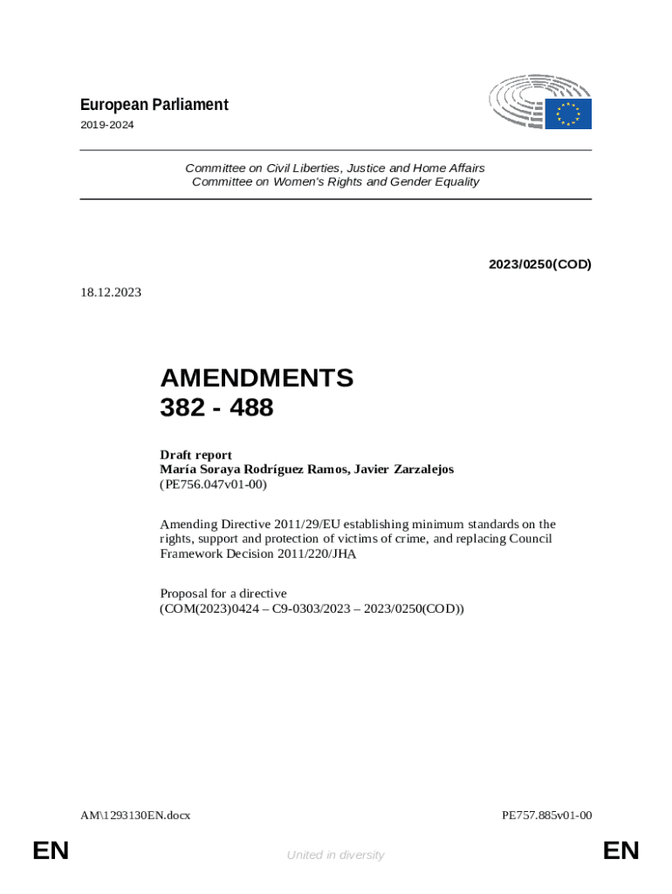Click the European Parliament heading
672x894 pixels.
(154, 105)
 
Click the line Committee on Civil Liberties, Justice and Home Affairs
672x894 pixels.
(335, 168)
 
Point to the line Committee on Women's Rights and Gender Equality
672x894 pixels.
(335, 182)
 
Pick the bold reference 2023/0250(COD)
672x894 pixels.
(539, 264)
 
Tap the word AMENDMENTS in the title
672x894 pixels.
(257, 378)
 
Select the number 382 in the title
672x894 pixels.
(181, 407)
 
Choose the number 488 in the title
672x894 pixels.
(252, 407)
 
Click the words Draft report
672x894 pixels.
(195, 455)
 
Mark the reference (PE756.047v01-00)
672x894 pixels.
(213, 483)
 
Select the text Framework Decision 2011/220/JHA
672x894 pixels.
(257, 554)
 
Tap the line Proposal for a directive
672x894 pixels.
(223, 594)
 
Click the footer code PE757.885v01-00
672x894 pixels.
(547, 815)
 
